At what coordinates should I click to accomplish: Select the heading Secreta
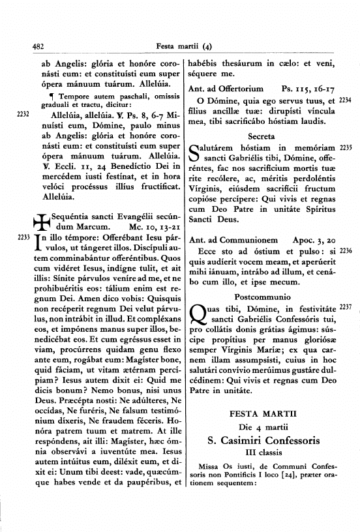261,136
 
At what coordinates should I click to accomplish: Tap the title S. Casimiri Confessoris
261,441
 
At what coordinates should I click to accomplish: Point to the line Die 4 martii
261,428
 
